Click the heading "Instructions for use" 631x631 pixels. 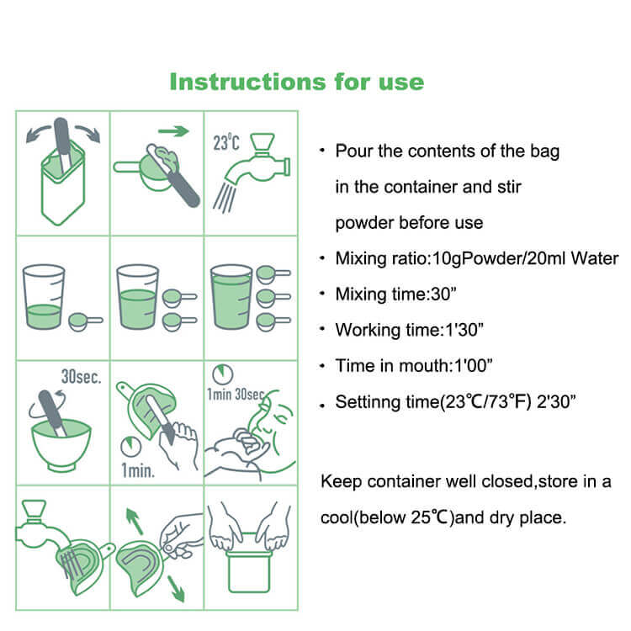coord(296,82)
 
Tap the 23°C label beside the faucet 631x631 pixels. coord(226,143)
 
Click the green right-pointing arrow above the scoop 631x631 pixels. coord(172,131)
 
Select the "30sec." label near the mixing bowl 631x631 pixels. coord(81,376)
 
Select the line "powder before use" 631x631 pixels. coord(409,223)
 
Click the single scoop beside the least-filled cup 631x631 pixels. coord(84,321)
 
